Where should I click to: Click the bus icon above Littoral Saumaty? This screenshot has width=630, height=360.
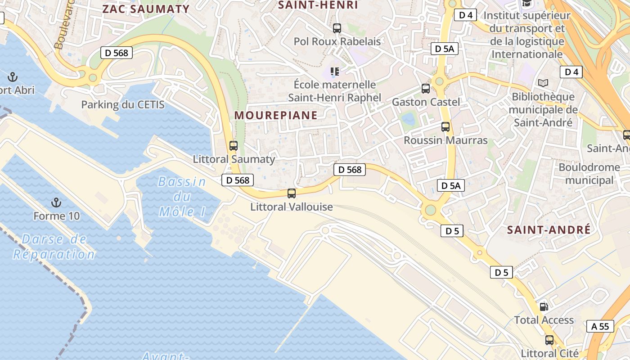tap(233, 146)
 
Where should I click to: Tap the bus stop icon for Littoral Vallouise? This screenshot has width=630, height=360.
tap(292, 193)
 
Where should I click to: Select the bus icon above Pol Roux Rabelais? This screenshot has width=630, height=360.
tap(337, 28)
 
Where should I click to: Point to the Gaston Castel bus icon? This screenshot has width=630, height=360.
tap(425, 89)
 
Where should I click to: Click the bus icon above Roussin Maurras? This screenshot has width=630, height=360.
tap(445, 127)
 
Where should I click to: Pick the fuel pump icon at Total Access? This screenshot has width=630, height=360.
tap(544, 307)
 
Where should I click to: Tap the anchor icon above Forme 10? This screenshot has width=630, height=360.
tap(56, 202)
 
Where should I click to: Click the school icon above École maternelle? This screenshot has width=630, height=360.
tap(334, 71)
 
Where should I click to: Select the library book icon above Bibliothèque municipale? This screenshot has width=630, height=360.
tap(543, 83)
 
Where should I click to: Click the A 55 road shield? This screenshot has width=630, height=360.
tap(600, 326)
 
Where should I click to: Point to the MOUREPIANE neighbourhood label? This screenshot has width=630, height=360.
tap(276, 115)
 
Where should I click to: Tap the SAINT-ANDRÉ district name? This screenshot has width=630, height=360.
tap(549, 230)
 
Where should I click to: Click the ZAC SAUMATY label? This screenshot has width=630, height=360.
tap(146, 9)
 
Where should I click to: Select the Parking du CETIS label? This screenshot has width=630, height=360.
tap(122, 105)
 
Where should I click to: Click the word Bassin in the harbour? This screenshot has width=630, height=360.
tap(182, 182)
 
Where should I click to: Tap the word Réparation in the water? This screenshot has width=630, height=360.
tap(54, 254)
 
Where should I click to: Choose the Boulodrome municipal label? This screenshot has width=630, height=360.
tap(589, 174)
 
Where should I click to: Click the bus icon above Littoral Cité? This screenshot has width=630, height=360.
tap(549, 340)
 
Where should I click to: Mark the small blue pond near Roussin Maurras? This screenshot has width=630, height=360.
tap(409, 119)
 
